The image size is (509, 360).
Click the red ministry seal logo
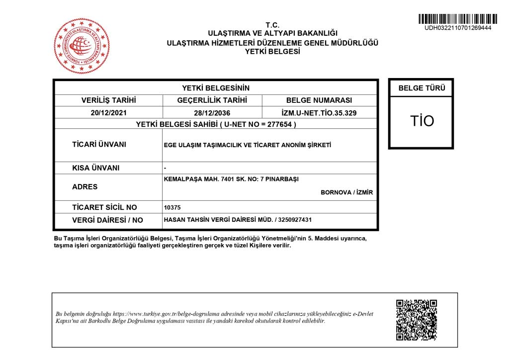(82, 46)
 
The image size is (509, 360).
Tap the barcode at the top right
(457, 19)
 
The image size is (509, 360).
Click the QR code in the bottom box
(416, 320)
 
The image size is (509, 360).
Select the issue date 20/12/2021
(108, 113)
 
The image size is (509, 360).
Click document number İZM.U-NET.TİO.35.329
(319, 113)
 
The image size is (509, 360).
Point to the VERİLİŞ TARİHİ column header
(108, 100)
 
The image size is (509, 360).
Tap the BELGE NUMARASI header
(319, 100)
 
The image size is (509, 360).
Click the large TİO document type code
(422, 121)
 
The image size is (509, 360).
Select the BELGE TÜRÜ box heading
(422, 89)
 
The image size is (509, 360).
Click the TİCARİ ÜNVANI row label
(99, 145)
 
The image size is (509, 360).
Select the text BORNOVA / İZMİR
(346, 192)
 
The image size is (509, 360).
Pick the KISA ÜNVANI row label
(96, 168)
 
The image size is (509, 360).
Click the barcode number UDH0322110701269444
(457, 28)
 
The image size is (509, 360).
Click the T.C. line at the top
(272, 25)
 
